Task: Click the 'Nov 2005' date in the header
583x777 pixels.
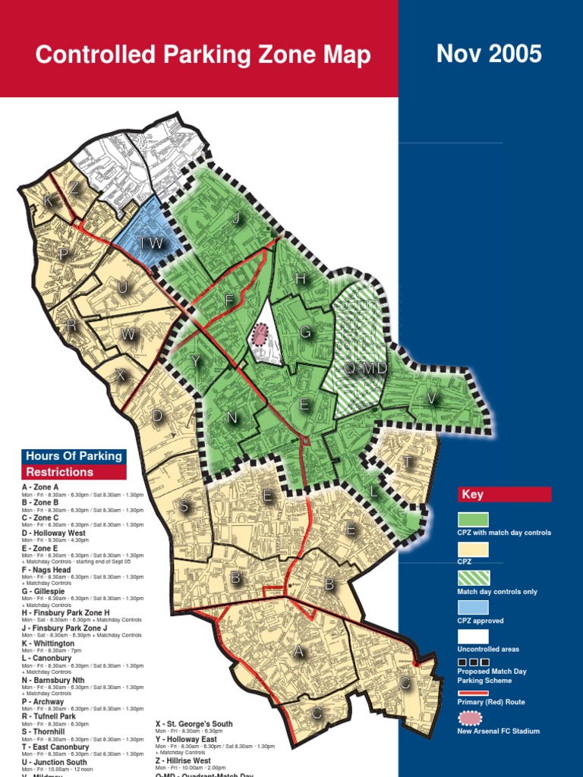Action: point(489,54)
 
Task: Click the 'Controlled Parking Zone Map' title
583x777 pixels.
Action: point(203,55)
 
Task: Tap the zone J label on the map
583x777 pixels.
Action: point(237,218)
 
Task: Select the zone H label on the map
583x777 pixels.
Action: point(301,279)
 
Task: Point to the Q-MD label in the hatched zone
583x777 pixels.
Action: point(366,368)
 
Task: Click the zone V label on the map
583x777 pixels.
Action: point(432,398)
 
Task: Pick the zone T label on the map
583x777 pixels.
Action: point(408,462)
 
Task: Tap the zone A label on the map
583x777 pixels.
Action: point(298,652)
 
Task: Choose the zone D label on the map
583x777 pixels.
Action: point(157,416)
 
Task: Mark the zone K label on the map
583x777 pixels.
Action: point(48,201)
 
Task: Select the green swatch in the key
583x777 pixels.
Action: point(472,520)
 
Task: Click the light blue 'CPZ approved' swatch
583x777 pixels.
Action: point(472,608)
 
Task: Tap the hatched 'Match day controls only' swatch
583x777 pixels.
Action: point(472,578)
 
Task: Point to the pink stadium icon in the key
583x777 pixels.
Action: point(472,718)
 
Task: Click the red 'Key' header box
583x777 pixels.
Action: point(504,495)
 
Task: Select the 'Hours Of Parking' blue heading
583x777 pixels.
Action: point(74,456)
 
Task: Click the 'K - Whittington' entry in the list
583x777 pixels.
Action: point(49,643)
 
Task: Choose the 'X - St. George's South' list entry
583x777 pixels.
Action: point(194,724)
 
